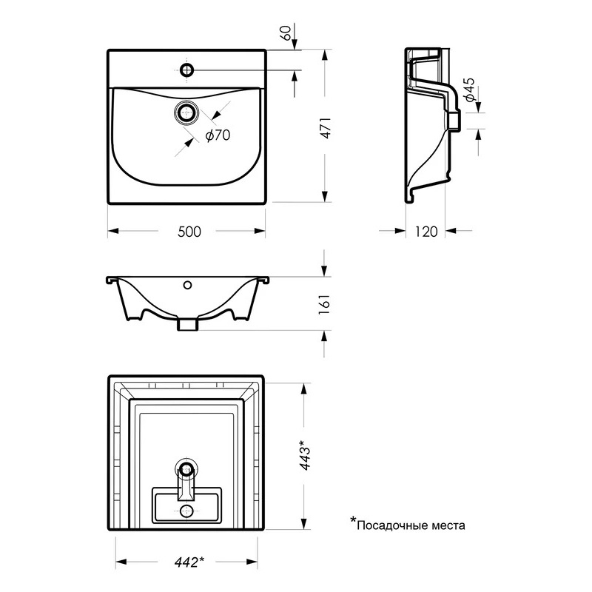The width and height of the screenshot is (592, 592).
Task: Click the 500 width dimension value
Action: coord(189,232)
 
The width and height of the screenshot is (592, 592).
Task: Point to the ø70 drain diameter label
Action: coord(217,135)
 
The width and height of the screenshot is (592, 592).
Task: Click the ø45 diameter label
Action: coord(468,89)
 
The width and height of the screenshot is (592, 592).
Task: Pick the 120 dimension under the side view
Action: coord(425,232)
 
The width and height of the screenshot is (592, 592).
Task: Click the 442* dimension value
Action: coord(190,562)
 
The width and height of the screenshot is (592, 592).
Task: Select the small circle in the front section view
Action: coord(187,284)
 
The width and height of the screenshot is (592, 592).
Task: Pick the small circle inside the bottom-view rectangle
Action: coord(187,511)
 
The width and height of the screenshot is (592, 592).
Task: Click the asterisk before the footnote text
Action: coord(354,522)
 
